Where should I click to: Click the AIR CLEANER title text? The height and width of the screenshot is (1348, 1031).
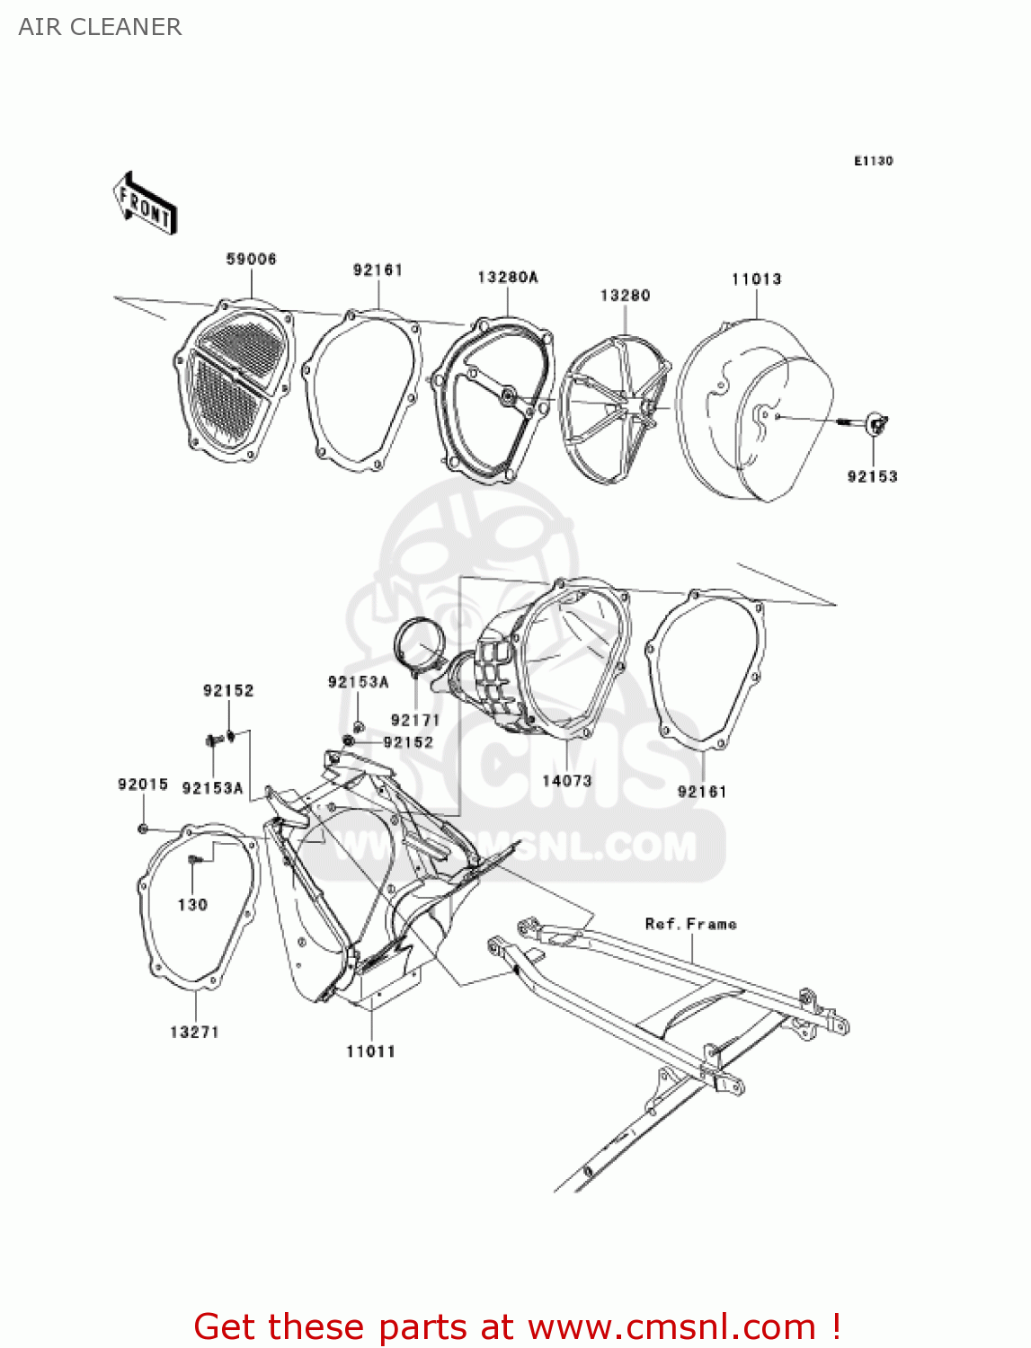100,27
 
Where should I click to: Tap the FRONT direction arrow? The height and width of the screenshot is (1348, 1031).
145,204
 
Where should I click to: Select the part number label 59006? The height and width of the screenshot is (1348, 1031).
251,259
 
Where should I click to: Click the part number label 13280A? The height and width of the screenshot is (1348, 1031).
507,277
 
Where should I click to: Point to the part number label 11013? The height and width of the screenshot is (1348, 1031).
756,279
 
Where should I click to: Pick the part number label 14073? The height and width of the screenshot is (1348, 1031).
566,780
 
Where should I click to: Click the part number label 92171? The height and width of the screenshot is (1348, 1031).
414,720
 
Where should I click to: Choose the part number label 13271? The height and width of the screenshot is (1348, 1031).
194,1032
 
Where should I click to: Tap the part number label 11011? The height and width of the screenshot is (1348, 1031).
370,1051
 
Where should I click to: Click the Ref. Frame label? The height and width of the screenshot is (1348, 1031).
690,924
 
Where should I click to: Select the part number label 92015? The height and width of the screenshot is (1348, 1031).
143,785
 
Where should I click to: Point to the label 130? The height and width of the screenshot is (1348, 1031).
192,904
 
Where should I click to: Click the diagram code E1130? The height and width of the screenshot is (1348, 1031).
873,161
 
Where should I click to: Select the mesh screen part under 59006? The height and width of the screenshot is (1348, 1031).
234,381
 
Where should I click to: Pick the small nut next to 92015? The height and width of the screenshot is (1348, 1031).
143,828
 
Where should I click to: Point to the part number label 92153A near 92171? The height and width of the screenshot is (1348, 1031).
358,682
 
